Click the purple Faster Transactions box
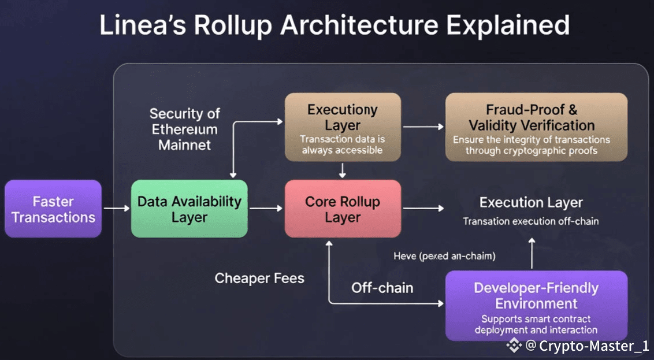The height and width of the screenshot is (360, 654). [x=53, y=209]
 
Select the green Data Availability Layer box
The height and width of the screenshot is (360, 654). [x=189, y=209]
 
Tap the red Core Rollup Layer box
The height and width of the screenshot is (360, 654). [x=343, y=209]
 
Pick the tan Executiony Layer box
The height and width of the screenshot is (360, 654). [x=343, y=127]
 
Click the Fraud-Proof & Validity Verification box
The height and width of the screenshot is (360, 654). [x=536, y=127]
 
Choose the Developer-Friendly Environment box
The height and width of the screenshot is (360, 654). [x=536, y=305]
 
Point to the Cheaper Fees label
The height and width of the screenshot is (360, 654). [x=259, y=278]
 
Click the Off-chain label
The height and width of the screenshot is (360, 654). [x=382, y=287]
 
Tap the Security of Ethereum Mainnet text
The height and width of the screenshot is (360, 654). [x=184, y=129]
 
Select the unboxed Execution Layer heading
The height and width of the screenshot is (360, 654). [x=531, y=203]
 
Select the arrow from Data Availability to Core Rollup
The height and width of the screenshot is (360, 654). [x=266, y=209]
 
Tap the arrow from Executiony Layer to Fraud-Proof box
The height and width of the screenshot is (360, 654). [x=423, y=126]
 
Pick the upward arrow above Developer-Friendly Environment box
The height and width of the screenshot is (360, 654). [x=532, y=252]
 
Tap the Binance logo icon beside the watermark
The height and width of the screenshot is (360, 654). [x=514, y=346]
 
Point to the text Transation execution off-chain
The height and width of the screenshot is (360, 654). [x=530, y=221]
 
